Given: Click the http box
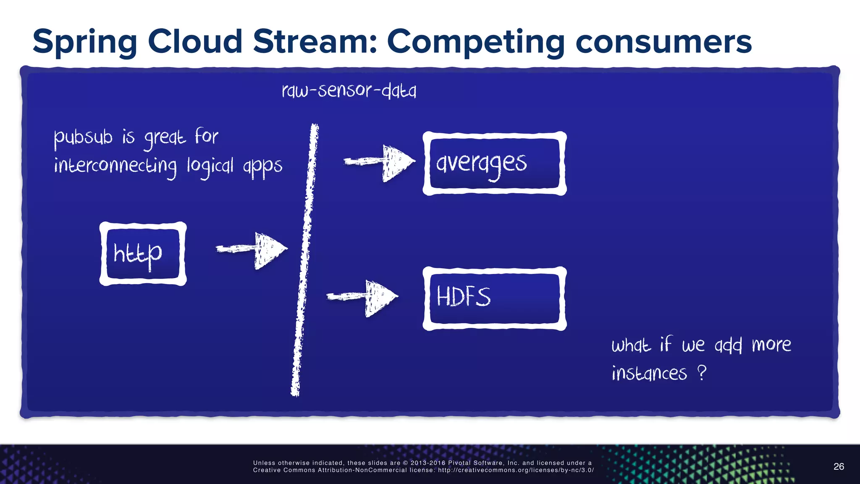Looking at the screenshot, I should [143, 254].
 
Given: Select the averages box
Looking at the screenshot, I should [494, 163].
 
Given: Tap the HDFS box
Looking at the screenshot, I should [494, 298].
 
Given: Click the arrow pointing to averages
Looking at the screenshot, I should [380, 162].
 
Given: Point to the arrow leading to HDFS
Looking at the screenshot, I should [363, 297].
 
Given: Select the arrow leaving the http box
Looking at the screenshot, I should [252, 250].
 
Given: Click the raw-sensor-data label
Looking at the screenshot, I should [349, 90].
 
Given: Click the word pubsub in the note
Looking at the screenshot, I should [83, 137].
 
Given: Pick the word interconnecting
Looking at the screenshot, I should [115, 166].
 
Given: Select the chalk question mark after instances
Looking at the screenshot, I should [702, 372].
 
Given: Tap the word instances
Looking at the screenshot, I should [649, 373].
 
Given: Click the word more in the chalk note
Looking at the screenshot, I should [771, 345].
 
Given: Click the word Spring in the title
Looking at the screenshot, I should [85, 42].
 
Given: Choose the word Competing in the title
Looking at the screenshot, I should [475, 42].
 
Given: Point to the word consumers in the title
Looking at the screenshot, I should [663, 42].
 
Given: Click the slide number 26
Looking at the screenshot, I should [839, 466].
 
